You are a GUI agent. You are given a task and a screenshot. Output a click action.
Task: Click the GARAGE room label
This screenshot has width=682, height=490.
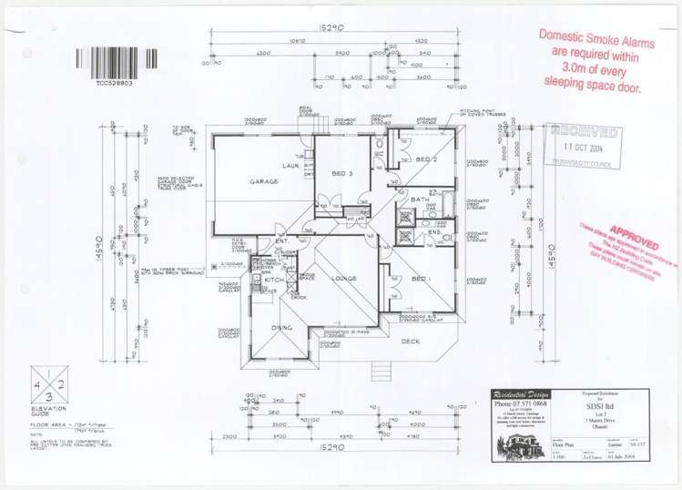[x=263, y=181]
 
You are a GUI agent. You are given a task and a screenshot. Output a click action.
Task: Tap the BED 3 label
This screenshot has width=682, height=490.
[x=342, y=173]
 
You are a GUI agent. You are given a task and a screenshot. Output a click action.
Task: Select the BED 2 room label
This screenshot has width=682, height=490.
[x=428, y=160]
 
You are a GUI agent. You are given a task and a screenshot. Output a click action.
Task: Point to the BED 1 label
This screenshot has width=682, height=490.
[x=421, y=279]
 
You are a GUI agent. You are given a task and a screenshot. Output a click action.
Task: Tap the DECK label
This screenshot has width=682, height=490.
[x=412, y=342]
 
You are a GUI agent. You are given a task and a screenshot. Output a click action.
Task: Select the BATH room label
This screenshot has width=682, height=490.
[x=420, y=199]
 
